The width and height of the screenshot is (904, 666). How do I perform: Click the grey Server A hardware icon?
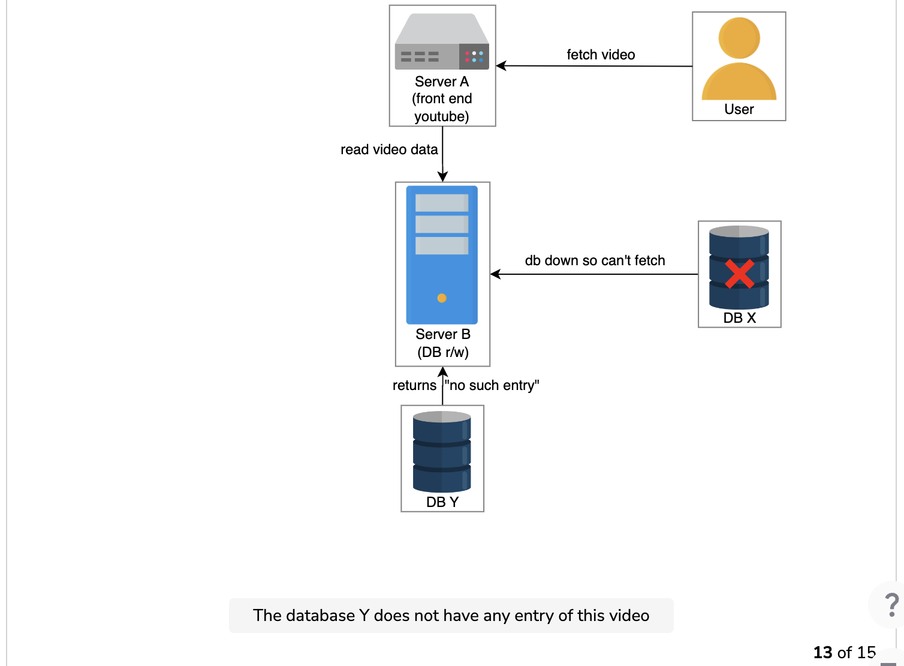(442, 41)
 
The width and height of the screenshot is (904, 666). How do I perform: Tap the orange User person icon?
(739, 59)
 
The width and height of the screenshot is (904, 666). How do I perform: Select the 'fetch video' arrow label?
(601, 55)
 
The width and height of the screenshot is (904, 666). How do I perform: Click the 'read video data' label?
(389, 149)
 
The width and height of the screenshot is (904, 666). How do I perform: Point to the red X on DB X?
(739, 274)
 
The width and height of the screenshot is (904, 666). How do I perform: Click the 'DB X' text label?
(739, 318)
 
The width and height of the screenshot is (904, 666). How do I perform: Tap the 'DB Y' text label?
(442, 502)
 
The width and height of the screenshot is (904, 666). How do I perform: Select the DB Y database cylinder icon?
(442, 452)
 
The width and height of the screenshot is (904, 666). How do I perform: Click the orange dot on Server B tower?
(442, 298)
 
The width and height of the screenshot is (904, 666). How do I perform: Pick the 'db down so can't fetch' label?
(595, 260)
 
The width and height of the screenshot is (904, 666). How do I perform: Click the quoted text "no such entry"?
(492, 385)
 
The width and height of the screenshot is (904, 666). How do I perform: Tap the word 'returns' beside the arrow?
(414, 385)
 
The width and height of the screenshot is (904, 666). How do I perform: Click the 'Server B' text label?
(443, 334)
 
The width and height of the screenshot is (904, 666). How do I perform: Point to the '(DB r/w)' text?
(443, 352)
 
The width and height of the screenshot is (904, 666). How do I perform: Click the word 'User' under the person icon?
(739, 109)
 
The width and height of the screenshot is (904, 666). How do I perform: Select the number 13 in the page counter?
(822, 652)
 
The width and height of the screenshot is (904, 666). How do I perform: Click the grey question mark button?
(891, 605)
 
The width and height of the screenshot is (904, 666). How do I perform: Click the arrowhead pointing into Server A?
(501, 66)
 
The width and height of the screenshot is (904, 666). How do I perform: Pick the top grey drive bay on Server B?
(442, 203)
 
